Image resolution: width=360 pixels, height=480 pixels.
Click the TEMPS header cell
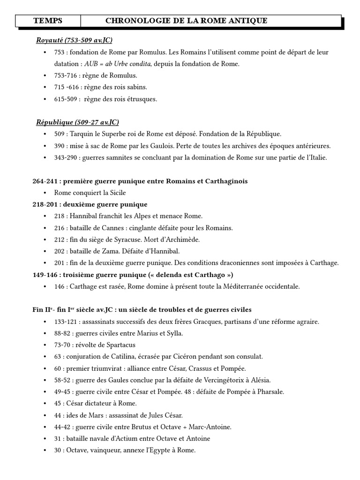[x=48, y=21]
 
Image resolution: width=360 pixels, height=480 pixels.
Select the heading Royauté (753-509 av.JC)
[x=74, y=40]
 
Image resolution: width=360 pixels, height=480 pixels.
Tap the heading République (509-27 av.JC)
[x=77, y=122]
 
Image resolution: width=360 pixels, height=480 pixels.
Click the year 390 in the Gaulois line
[x=60, y=146]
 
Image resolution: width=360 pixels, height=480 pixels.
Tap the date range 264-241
[x=45, y=181]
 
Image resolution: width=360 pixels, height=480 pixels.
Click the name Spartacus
[x=113, y=345]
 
